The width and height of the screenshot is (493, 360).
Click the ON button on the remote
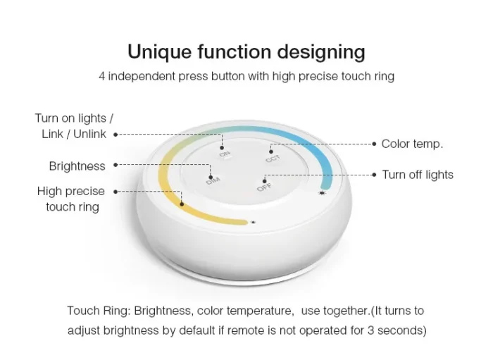[x=225, y=154]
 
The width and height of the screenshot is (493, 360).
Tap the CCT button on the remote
[x=273, y=159]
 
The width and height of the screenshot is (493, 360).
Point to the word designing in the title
[x=321, y=53]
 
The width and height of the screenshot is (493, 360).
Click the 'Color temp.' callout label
[x=412, y=144]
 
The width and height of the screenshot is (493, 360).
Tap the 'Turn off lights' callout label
[x=418, y=175]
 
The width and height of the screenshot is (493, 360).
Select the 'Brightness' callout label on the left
[x=77, y=166]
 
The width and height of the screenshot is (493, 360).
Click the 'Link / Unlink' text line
[x=74, y=134]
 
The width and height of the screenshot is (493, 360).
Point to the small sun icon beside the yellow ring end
[x=253, y=223]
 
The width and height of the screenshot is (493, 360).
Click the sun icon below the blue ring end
[x=322, y=193]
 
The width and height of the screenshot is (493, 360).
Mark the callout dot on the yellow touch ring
[x=182, y=204]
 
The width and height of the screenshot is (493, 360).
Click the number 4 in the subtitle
[x=102, y=76]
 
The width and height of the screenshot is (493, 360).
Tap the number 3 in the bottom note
[x=370, y=330]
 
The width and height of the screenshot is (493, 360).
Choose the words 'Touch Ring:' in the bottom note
[x=99, y=311]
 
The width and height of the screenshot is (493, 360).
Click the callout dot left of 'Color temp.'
[x=374, y=144]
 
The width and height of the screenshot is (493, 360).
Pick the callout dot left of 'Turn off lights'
[x=374, y=175]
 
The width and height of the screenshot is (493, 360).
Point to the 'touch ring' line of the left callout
[x=73, y=207]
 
